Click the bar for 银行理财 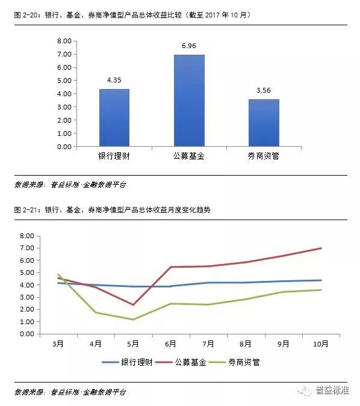point(114,118)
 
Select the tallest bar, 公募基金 point(189,100)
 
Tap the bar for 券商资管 point(264,123)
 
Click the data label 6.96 point(189,46)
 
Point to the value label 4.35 point(114,80)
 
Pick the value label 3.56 point(264,90)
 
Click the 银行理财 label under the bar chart point(114,156)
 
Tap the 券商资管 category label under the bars point(263,156)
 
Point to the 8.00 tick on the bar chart point(64,41)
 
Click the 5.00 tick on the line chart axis point(27,272)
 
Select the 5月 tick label point(133,344)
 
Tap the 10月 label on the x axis point(321,344)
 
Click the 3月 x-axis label point(58,344)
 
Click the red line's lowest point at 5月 point(133,305)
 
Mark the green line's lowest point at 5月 point(133,319)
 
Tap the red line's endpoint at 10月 point(321,248)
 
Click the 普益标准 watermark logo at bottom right point(324,390)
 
